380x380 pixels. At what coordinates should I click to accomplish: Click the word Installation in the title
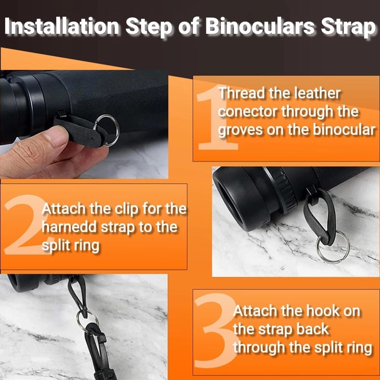62,26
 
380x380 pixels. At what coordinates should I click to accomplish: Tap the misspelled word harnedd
69,227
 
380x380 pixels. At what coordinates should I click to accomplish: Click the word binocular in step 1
344,130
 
